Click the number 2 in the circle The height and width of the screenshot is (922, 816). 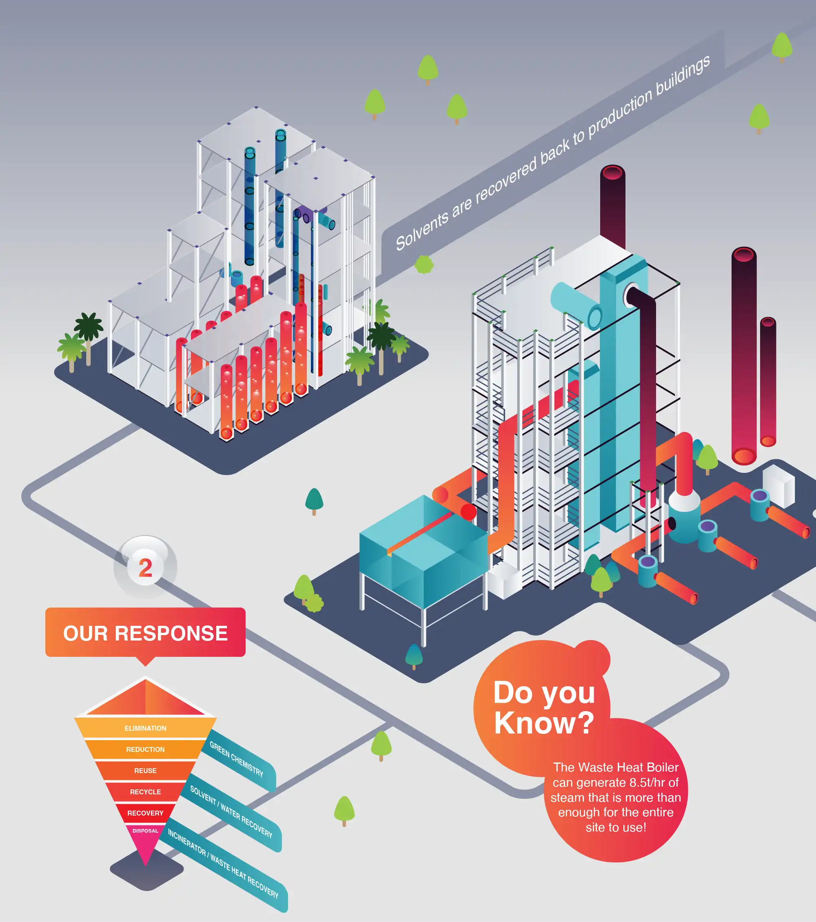145,567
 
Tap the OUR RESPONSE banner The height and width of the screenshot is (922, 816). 145,633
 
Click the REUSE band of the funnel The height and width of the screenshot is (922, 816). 145,770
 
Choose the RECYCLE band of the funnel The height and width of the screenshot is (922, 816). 145,791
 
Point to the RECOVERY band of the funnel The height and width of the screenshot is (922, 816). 145,813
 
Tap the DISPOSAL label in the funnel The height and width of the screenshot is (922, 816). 145,831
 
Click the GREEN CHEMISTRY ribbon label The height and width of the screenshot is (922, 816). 236,759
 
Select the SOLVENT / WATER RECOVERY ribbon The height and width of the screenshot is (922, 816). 231,811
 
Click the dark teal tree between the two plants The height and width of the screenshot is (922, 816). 314,500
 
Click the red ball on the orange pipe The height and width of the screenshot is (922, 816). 469,512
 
